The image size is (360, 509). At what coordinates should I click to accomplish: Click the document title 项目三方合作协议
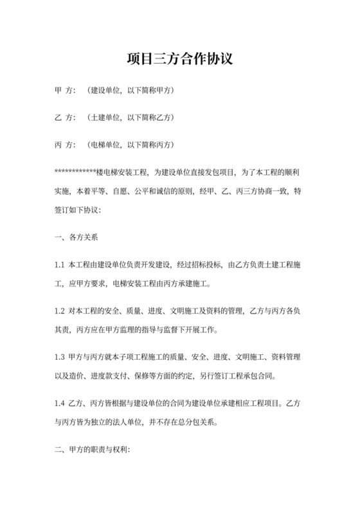(179, 60)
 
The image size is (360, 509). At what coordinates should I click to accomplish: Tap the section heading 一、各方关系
(76, 237)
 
